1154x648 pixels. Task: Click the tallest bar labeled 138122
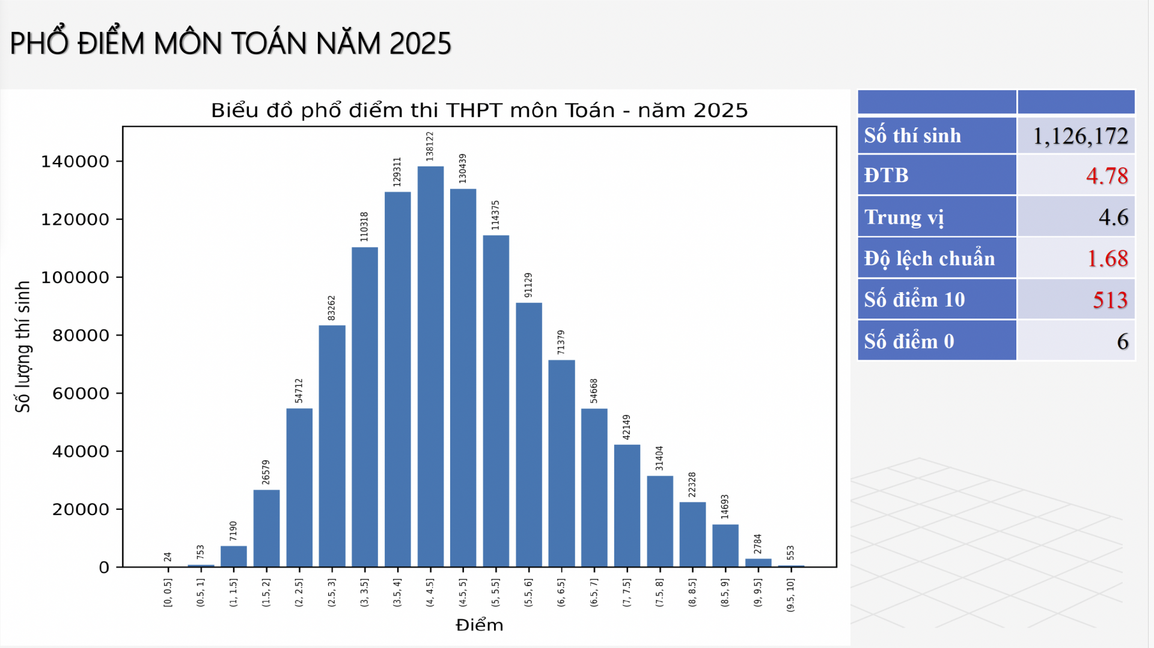click(430, 367)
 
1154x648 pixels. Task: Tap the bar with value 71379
click(561, 463)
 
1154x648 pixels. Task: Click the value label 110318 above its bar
click(364, 227)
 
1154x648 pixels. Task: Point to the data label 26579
click(266, 472)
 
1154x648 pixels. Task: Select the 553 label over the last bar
click(790, 553)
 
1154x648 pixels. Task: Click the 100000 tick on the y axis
click(75, 278)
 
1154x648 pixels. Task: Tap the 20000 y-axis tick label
click(81, 510)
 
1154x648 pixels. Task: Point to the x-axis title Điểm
click(479, 625)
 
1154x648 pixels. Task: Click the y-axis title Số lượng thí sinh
click(23, 347)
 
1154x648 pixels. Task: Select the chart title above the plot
click(479, 111)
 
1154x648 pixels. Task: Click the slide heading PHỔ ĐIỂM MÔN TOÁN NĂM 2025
click(231, 43)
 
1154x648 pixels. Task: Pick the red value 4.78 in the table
click(1107, 176)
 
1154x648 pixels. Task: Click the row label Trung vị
click(904, 217)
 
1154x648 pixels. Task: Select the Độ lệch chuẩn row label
click(929, 258)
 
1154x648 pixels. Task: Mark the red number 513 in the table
click(1110, 300)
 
